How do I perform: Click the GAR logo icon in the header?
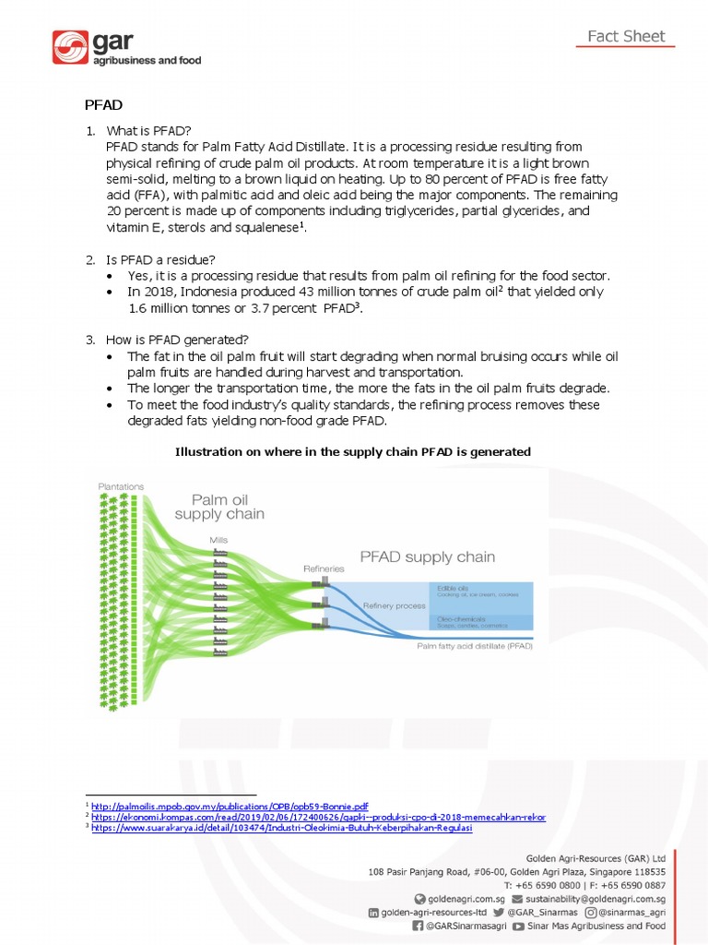point(70,47)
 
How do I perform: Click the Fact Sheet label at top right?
point(626,37)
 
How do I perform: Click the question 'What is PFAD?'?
point(148,131)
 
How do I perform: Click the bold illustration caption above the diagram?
point(353,451)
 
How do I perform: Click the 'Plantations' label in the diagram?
point(121,486)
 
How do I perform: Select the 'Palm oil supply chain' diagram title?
point(219,507)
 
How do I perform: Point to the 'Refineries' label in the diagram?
point(324,569)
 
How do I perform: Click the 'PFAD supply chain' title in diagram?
point(427,556)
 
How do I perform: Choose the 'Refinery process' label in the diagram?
point(395,605)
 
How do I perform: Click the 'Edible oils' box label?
point(450,588)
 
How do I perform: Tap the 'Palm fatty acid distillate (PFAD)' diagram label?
point(474,646)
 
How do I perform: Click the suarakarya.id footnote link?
point(281,828)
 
